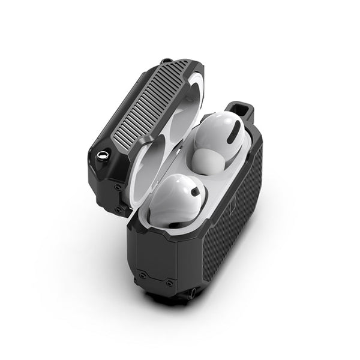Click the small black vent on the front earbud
tap(194, 193)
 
